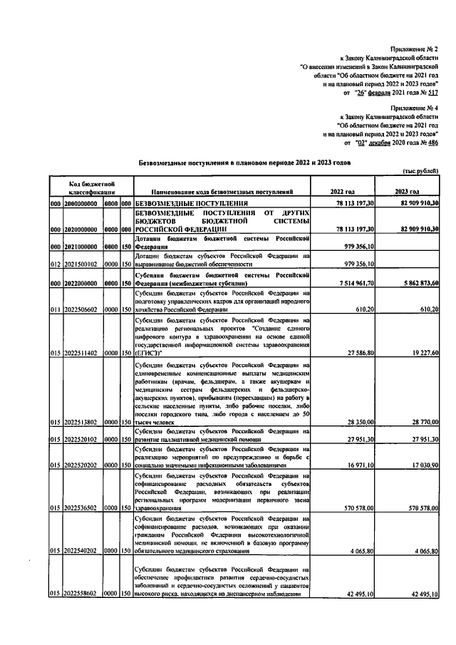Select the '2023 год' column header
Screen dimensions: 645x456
[x=408, y=192]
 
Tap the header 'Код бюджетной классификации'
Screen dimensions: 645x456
[x=88, y=187]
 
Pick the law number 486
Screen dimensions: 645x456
[x=432, y=143]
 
